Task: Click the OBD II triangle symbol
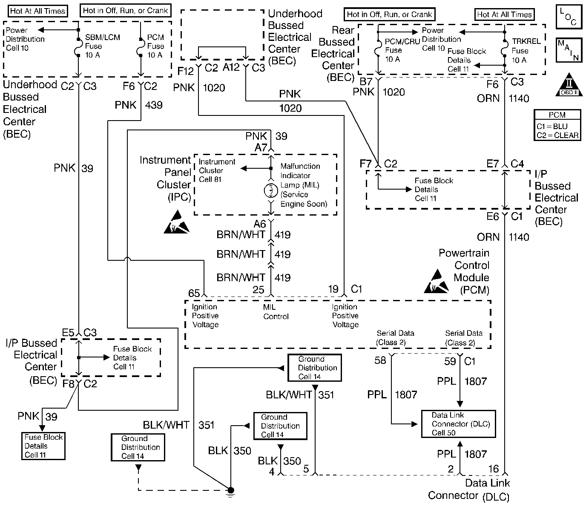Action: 569,85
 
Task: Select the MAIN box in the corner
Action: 569,51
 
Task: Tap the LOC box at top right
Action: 569,17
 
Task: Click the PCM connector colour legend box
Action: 557,125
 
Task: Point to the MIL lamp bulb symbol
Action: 271,190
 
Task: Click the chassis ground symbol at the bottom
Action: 230,492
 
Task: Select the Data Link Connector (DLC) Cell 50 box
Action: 458,424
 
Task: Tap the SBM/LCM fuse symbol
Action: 78,48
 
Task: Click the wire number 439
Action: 154,105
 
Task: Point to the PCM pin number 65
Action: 194,293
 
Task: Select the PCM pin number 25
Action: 258,290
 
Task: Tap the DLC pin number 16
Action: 494,469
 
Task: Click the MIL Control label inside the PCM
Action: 276,311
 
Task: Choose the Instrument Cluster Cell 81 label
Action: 217,170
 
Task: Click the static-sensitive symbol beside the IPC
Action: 176,222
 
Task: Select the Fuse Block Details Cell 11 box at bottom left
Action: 43,446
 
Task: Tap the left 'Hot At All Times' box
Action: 37,11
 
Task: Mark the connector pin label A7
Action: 261,148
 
